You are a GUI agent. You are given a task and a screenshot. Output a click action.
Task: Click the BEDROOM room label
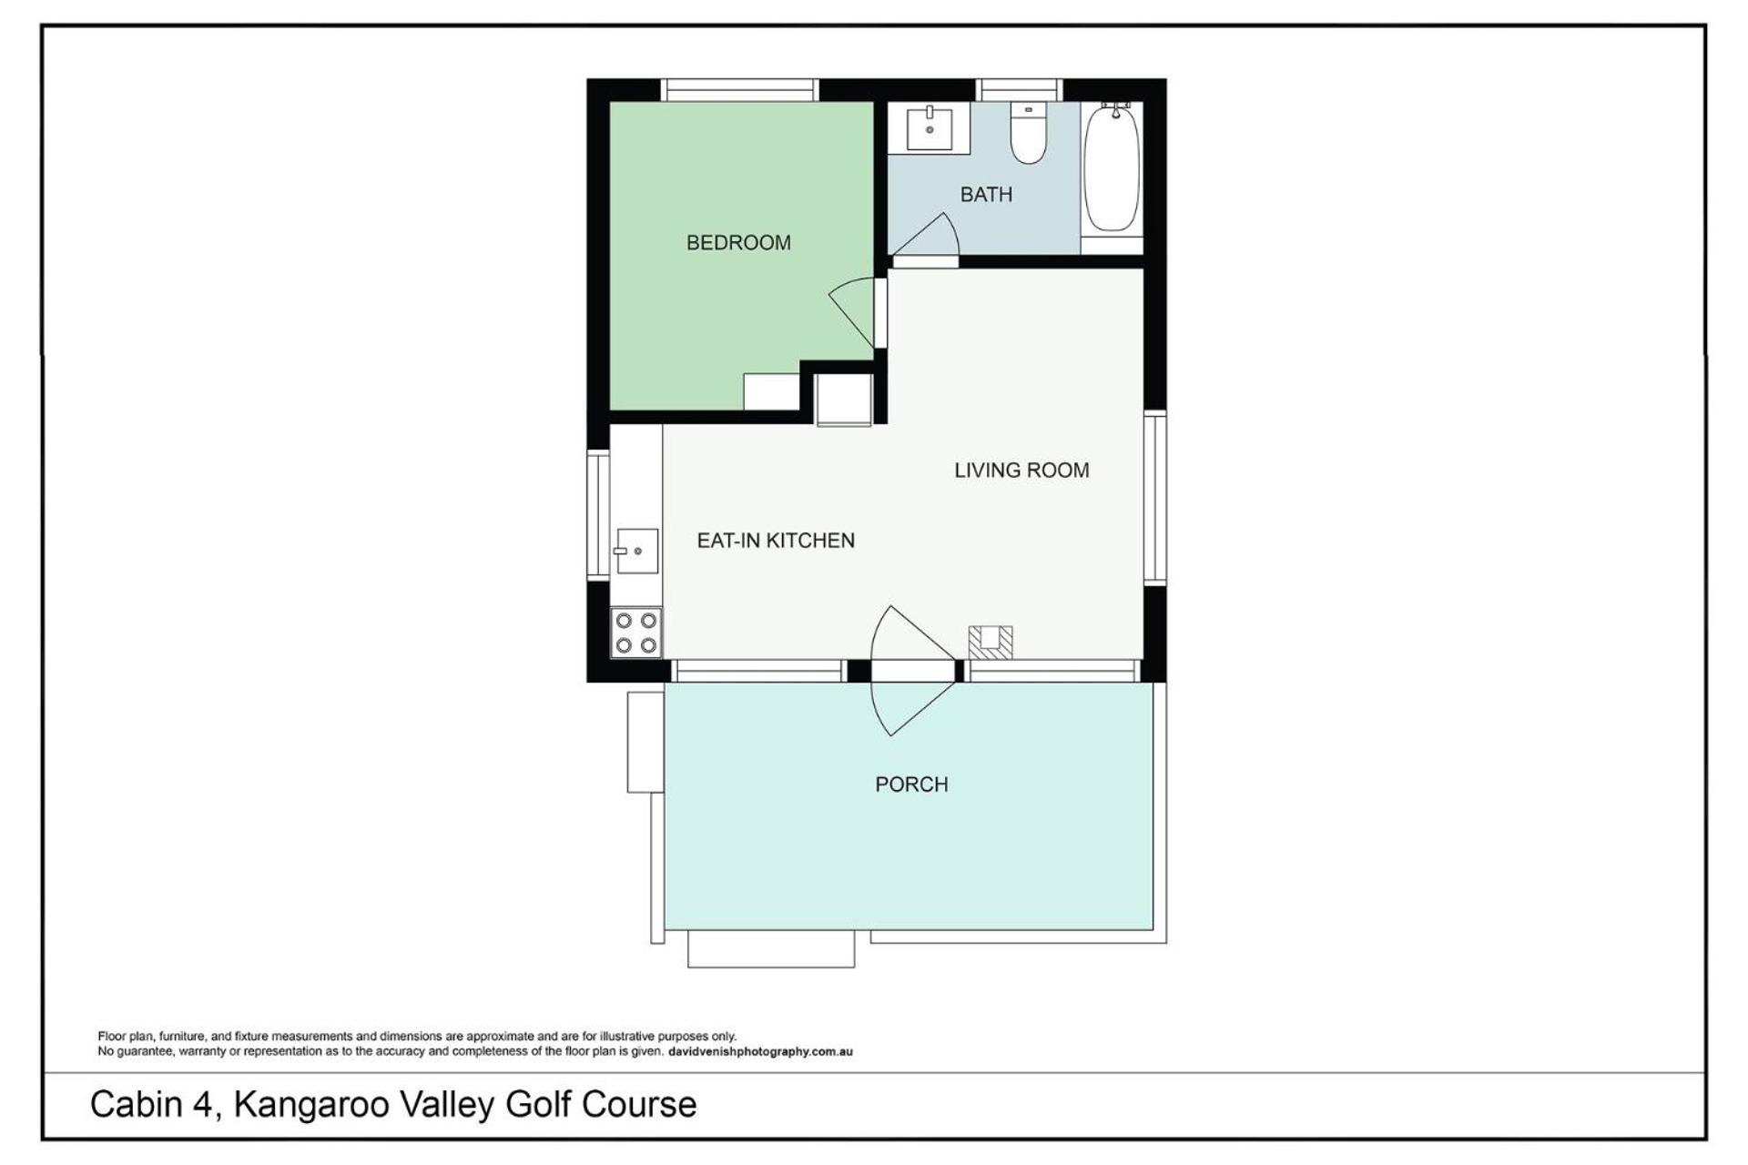[x=738, y=243]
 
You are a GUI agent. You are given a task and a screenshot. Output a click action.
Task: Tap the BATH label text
[x=986, y=194]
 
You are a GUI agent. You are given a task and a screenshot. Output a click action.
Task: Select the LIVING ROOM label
[x=1021, y=471]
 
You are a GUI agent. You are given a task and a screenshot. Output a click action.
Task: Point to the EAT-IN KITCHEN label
[x=776, y=541]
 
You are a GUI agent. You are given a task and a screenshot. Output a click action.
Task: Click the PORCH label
[x=911, y=785]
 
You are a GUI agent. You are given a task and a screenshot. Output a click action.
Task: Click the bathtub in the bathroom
[x=1112, y=167]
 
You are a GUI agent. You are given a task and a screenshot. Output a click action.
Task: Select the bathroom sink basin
[x=930, y=128]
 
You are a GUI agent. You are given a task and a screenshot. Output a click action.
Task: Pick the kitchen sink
[x=636, y=551]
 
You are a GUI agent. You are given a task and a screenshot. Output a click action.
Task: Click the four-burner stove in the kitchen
[x=636, y=633]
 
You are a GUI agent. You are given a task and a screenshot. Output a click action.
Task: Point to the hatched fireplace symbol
[x=991, y=642]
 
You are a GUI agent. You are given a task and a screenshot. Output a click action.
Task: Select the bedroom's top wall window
[x=739, y=90]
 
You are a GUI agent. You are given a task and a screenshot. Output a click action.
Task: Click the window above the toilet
[x=1020, y=90]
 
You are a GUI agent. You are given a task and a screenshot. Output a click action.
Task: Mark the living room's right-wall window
[x=1154, y=497]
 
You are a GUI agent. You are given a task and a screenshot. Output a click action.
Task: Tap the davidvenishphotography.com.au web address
[x=760, y=1052]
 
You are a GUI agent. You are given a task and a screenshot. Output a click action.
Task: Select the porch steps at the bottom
[x=771, y=948]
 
